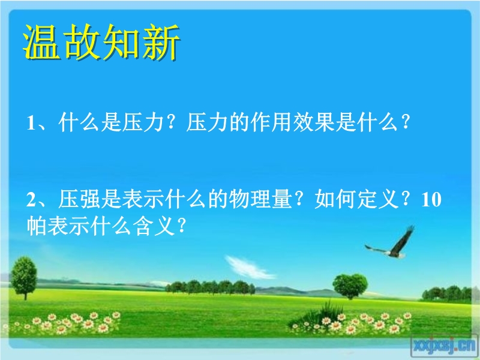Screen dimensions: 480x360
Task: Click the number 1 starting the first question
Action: (x=31, y=123)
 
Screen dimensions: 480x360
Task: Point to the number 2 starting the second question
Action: (x=31, y=199)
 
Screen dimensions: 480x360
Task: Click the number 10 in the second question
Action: (x=431, y=199)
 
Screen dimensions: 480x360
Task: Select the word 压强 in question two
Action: (x=79, y=199)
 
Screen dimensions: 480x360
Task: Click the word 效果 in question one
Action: (x=314, y=122)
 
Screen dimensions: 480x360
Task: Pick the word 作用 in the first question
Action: (x=271, y=122)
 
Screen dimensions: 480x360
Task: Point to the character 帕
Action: (x=37, y=226)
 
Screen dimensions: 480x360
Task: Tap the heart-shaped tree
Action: (x=350, y=286)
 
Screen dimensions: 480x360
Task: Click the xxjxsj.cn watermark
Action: (x=444, y=346)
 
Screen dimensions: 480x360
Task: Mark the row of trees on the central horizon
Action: (x=210, y=287)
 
